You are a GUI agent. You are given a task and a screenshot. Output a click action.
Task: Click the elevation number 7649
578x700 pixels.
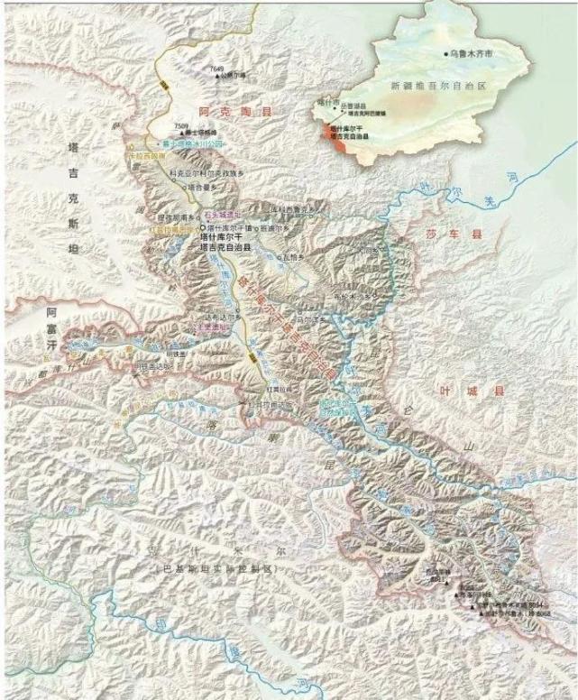click(216, 69)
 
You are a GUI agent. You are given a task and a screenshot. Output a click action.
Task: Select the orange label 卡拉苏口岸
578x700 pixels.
click(149, 155)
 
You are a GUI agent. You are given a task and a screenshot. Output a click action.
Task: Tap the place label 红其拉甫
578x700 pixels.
click(277, 389)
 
